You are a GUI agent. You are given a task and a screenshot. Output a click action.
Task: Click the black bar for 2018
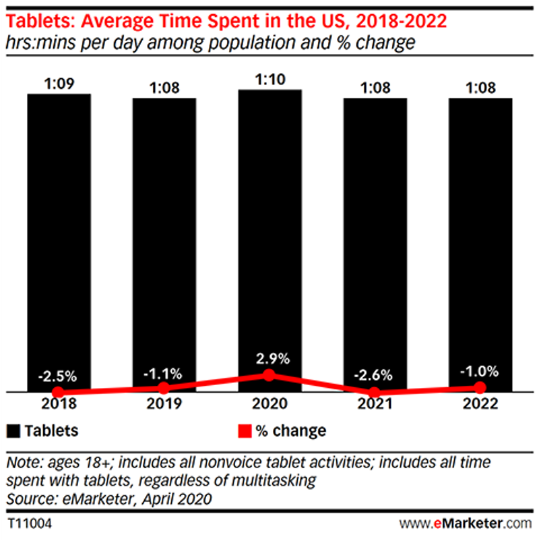[x=59, y=236]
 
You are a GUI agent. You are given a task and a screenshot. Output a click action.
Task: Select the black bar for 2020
[x=269, y=236]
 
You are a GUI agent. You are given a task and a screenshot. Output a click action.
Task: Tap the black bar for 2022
[x=480, y=236]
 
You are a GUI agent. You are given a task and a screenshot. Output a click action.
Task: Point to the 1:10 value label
[x=269, y=78]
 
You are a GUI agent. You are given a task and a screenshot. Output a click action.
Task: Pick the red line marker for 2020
[x=269, y=374]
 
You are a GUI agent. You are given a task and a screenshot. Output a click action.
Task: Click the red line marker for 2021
[x=375, y=392]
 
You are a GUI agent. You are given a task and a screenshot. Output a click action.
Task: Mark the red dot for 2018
[x=59, y=392]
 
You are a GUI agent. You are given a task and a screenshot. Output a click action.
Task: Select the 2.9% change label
[x=269, y=358]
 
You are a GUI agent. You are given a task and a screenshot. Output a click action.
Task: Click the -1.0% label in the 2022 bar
[x=480, y=371]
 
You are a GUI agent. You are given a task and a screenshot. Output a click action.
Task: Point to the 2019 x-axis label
[x=164, y=404]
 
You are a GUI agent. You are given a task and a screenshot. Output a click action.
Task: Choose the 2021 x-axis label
[x=375, y=404]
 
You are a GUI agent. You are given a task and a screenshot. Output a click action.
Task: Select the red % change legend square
[x=245, y=430]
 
